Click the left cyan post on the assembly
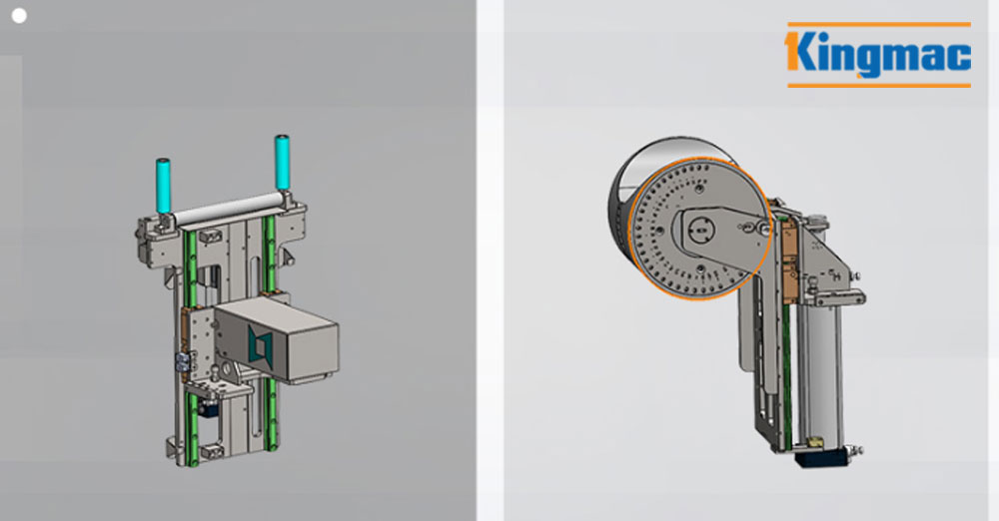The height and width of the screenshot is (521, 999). [163, 186]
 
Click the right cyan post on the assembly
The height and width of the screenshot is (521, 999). [282, 162]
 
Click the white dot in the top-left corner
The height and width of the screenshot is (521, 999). [19, 16]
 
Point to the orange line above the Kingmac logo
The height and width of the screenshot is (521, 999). [879, 25]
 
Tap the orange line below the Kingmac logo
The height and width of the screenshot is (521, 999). [879, 85]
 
